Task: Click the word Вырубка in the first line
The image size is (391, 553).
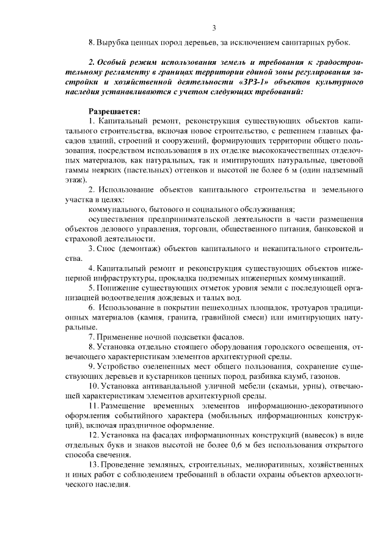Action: coord(114,43)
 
